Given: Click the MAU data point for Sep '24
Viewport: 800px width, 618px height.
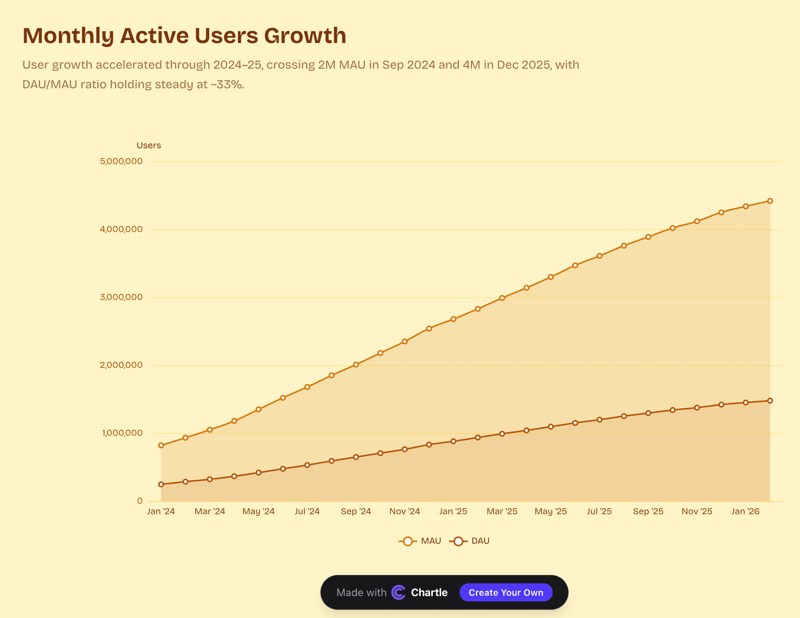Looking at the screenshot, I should tap(356, 364).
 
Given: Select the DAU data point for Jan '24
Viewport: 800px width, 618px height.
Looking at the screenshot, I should tap(161, 484).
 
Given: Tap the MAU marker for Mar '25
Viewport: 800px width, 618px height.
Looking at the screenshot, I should tap(502, 298).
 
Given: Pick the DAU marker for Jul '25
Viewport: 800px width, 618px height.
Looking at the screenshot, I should tap(599, 420).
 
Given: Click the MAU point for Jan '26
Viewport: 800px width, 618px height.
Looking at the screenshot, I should tap(746, 206).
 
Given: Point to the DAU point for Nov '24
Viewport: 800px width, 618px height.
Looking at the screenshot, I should tap(405, 449).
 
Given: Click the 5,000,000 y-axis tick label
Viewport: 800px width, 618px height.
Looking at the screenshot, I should tap(121, 161).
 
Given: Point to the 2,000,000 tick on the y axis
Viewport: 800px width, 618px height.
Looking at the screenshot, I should tap(121, 365).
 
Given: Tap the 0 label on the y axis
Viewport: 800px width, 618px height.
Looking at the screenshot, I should tap(140, 501).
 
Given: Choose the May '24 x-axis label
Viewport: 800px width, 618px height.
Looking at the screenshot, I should tap(259, 512).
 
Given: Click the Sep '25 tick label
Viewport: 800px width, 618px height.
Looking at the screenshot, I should tap(648, 512).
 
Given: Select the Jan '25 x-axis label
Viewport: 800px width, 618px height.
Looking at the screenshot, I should tap(453, 512).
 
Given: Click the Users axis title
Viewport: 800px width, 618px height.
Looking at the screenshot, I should tap(149, 146).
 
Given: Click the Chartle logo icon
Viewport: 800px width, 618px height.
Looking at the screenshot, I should tap(398, 592).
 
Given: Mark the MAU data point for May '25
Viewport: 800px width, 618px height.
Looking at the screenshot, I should tap(551, 277).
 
